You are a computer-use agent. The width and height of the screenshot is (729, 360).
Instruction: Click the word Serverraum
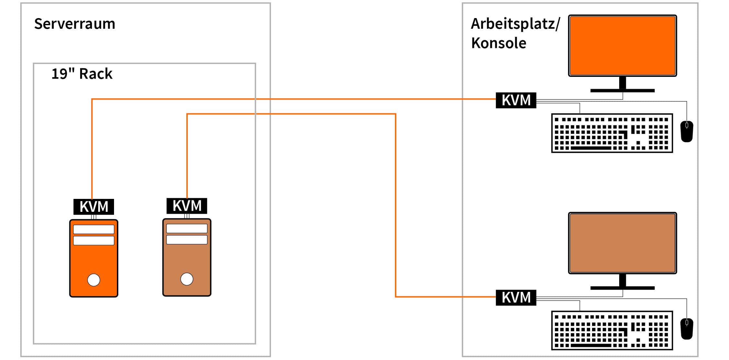[75, 24]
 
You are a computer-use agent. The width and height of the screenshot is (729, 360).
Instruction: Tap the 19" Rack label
[82, 74]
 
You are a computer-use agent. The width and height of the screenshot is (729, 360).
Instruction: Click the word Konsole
[498, 43]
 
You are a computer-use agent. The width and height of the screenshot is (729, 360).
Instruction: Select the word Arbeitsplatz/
[515, 24]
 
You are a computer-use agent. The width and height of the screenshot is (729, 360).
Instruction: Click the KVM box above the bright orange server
[94, 207]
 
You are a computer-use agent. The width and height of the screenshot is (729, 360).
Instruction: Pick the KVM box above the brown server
[187, 206]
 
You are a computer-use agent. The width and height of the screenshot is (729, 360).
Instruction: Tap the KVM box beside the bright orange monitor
[516, 100]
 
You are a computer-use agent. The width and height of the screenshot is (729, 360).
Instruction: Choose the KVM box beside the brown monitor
[516, 297]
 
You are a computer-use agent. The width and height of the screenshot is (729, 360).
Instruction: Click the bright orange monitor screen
[622, 46]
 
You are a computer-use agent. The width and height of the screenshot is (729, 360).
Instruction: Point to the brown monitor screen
[622, 243]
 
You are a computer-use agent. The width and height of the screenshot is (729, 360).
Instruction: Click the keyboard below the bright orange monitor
[612, 133]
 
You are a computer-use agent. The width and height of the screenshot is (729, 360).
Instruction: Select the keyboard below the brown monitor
[612, 330]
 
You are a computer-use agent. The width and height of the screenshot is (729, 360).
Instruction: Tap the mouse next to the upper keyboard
[687, 131]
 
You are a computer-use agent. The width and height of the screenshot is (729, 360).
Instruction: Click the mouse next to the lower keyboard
[687, 329]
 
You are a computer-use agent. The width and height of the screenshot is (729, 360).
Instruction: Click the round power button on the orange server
[94, 280]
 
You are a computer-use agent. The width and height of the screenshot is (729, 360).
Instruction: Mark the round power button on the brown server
[187, 279]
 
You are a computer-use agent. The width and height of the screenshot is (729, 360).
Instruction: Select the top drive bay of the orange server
[94, 229]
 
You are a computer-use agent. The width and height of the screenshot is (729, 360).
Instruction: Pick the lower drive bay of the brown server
[187, 240]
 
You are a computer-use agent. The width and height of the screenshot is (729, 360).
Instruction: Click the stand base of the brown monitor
[622, 288]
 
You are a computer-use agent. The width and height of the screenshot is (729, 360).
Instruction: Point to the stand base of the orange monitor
[622, 91]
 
